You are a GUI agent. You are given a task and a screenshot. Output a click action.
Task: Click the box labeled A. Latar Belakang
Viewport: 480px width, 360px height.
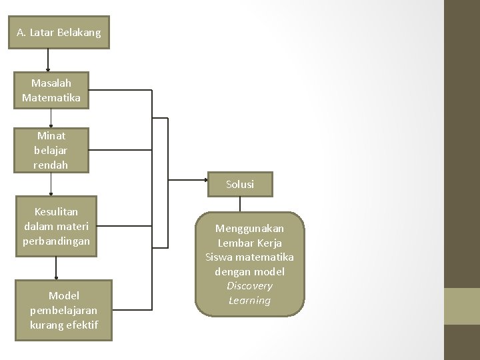coord(59,32)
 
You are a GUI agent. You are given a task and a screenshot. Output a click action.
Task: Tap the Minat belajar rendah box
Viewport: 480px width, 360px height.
coord(51,150)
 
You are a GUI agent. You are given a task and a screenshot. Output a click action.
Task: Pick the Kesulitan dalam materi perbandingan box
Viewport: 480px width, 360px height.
coord(55,225)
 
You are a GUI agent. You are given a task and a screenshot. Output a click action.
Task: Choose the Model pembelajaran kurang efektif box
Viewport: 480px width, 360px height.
coord(63,310)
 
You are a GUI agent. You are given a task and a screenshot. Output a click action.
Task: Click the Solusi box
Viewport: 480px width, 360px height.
coord(240,185)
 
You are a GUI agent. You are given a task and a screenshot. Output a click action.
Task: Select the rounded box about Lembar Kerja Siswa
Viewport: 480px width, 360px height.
coord(249,264)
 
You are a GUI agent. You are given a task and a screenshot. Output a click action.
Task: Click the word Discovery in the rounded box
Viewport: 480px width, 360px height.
coord(249,286)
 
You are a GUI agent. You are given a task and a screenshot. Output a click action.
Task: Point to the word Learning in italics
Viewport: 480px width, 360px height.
coord(249,301)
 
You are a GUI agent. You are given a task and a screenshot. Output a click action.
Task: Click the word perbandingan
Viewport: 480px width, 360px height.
coord(55,240)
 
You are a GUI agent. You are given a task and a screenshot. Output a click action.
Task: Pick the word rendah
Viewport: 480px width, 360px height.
coord(51,164)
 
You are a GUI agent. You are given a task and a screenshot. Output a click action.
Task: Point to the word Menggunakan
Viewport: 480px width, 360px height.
coord(249,229)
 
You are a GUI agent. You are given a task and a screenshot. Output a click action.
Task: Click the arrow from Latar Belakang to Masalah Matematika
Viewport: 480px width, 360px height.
coord(47,60)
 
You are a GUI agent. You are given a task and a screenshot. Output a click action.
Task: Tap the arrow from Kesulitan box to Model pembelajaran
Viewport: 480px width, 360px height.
coord(56,267)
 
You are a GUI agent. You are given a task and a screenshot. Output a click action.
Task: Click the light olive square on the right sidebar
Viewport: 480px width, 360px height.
coord(461,305)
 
